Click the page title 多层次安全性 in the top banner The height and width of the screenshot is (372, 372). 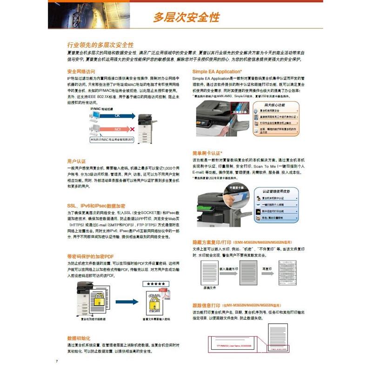(x=186, y=18)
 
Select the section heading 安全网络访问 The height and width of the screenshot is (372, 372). (x=81, y=72)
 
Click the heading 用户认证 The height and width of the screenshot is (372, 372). (x=77, y=161)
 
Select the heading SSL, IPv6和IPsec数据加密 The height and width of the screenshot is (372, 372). (x=96, y=205)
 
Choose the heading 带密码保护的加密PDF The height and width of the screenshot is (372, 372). (x=90, y=256)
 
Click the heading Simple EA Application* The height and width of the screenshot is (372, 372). (x=217, y=72)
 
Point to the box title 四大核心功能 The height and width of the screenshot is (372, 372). (x=278, y=105)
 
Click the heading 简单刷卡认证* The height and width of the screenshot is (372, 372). (x=207, y=153)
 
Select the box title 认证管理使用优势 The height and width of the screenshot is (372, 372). (x=276, y=191)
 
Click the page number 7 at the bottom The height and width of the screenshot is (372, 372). (x=57, y=361)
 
